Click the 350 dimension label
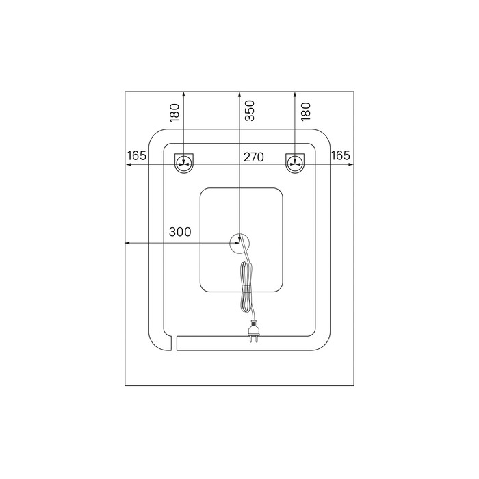coord(250,111)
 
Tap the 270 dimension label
coord(254,157)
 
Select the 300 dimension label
coord(180,232)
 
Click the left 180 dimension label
coord(174,113)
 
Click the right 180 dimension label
coord(305,112)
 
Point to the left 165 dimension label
coord(137,156)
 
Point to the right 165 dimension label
coord(340,156)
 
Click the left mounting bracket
coord(184,164)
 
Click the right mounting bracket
coord(295,164)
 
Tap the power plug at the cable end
coord(254,331)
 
